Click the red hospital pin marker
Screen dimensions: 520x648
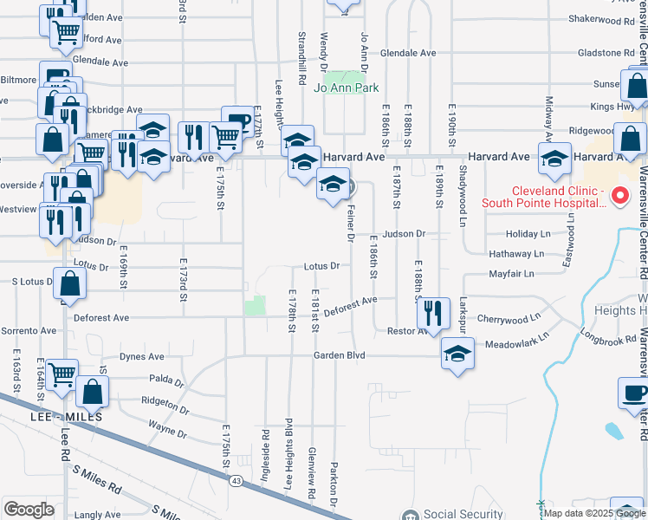(x=619, y=196)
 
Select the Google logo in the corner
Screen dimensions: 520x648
(x=29, y=510)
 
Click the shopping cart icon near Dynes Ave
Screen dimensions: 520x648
(x=62, y=374)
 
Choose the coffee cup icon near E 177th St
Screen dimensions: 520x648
(x=237, y=120)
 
